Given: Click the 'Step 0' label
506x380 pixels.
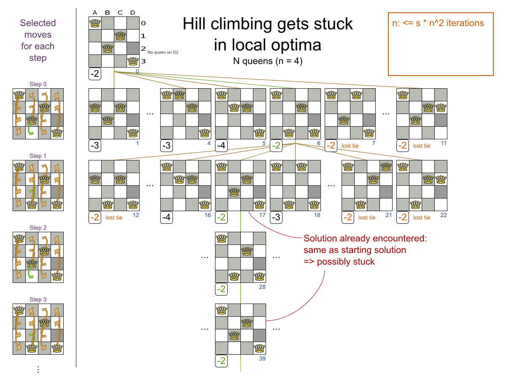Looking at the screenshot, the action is click(38, 84).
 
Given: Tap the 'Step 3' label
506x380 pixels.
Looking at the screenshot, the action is click(38, 299).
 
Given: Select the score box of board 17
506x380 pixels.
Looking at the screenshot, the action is click(221, 217).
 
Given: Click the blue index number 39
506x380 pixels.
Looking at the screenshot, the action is click(262, 358).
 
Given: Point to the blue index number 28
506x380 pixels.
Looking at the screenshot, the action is click(262, 287).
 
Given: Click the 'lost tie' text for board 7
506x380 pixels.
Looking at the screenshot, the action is click(350, 146).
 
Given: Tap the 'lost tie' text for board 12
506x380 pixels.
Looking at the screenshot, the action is click(114, 217).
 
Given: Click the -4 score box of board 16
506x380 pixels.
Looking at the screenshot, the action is click(167, 217).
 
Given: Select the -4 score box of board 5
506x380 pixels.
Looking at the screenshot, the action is click(221, 146).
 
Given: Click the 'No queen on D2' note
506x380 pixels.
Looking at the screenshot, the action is click(163, 52).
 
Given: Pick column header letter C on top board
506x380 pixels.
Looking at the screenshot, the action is click(120, 13).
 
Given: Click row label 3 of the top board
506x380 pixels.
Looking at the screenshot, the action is click(143, 61).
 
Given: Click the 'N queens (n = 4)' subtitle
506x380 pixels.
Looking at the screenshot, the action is click(267, 61).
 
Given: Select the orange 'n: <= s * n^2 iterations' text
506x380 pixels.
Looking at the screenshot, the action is click(438, 23).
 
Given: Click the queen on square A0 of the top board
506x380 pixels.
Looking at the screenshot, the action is click(95, 23).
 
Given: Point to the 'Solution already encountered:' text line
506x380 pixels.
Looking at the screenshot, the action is click(365, 238).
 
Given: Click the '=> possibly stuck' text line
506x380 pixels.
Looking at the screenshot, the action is click(339, 262).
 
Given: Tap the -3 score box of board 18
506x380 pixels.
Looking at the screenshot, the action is click(276, 217).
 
